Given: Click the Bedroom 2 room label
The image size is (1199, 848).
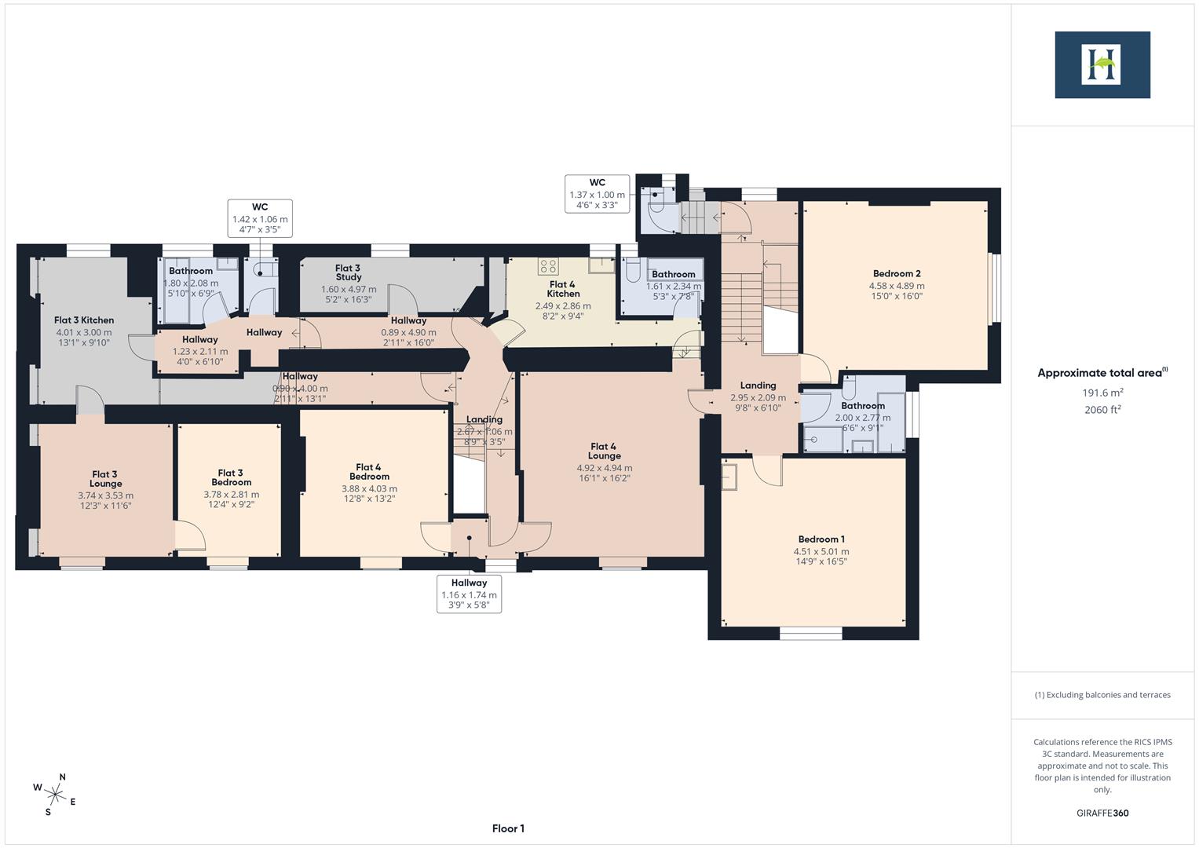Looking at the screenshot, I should click(x=896, y=274).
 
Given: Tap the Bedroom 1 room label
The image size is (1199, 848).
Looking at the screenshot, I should click(x=821, y=539).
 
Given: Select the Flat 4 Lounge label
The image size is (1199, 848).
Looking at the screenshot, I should click(x=604, y=451).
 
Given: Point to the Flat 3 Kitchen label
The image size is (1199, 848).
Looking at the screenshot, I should click(x=84, y=320).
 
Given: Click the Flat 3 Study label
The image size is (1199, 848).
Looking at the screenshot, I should click(x=348, y=272).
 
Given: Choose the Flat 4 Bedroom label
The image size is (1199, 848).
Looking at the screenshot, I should click(x=369, y=471).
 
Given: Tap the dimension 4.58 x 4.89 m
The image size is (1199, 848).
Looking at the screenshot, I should click(x=896, y=286).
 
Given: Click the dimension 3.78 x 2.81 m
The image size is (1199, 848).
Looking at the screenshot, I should click(x=231, y=495).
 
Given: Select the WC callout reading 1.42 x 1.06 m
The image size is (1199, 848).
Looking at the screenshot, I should click(x=260, y=218).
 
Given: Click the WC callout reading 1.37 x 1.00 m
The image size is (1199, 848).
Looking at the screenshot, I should click(x=597, y=194).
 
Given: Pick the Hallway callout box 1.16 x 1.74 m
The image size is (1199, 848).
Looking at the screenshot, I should click(x=469, y=594).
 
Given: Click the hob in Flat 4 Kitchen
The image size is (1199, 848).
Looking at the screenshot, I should click(x=548, y=265).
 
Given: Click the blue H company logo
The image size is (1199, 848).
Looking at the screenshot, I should click(x=1102, y=65).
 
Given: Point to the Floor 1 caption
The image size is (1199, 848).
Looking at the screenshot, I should click(x=508, y=828).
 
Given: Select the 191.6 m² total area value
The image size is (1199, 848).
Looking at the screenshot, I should click(x=1102, y=393).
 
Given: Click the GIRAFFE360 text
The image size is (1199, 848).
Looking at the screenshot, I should click(x=1102, y=813).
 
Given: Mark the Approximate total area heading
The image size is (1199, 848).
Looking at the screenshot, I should click(x=1102, y=373).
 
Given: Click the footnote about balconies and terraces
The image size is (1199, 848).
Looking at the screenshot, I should click(x=1102, y=695).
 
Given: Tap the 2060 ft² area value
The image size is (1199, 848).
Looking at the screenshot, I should click(x=1102, y=410).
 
